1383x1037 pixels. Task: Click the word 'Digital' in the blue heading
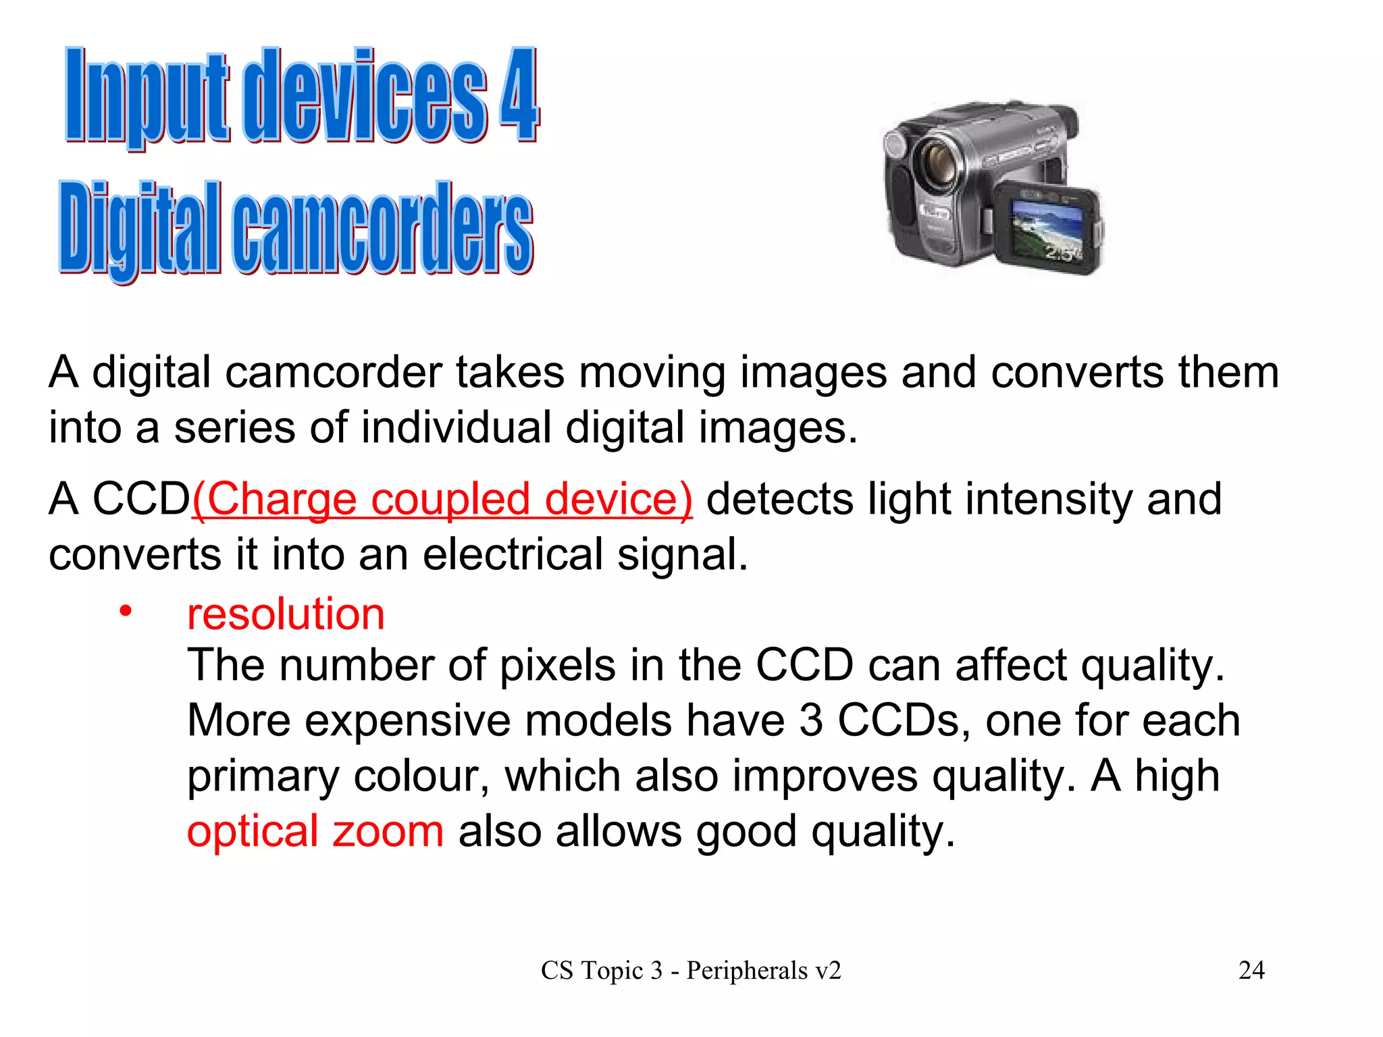[x=140, y=230]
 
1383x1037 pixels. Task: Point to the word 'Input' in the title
[x=147, y=96]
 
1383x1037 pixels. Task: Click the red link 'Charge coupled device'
[x=442, y=500]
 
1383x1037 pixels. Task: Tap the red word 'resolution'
[x=286, y=614]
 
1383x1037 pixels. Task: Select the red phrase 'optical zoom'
[x=315, y=831]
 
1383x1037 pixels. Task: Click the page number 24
[x=1251, y=970]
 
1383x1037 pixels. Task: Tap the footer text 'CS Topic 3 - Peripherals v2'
[x=691, y=971]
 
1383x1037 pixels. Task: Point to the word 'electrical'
[x=513, y=555]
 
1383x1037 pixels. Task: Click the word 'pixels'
[x=557, y=666]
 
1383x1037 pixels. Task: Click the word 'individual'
[x=456, y=428]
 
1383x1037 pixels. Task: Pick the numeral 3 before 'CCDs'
[x=810, y=720]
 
